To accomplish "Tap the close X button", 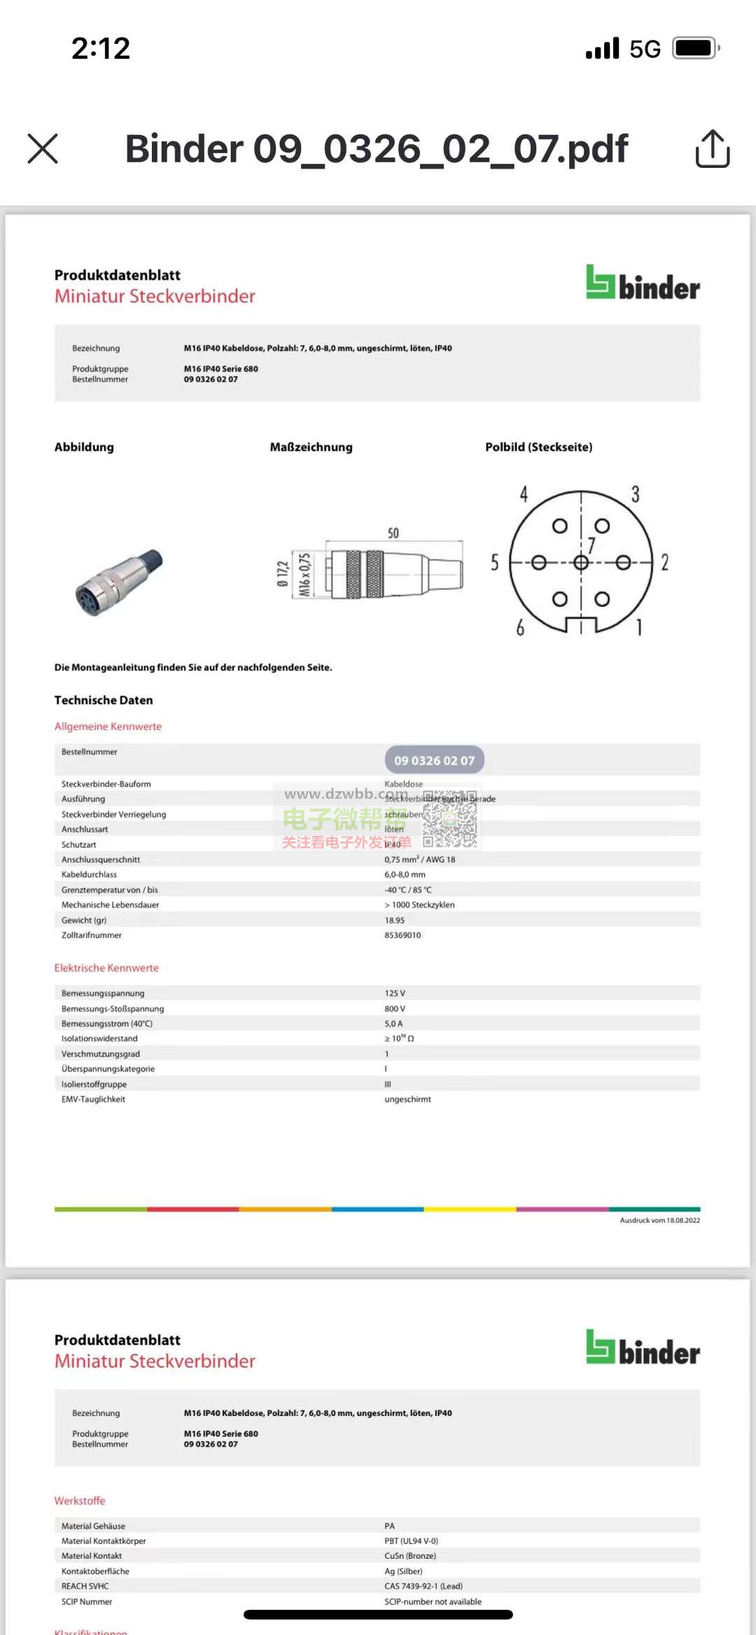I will click(43, 148).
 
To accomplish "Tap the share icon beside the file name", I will click(713, 148).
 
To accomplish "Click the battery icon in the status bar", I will click(696, 48).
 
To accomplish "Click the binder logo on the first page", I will click(643, 283).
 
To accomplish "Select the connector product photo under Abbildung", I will click(119, 582).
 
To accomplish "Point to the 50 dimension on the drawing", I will click(393, 533).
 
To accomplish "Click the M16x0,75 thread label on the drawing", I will click(304, 574).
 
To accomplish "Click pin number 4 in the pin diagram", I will click(524, 495).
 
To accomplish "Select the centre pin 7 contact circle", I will click(581, 562).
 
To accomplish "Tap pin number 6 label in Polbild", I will click(520, 628).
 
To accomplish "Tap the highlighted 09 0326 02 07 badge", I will click(434, 760).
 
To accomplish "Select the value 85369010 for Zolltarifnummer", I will click(402, 935).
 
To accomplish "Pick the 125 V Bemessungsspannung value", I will click(395, 993).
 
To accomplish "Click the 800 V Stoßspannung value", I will click(395, 1009).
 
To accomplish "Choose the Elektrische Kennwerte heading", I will click(106, 968).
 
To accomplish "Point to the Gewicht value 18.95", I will click(395, 921).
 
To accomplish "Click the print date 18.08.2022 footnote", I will click(659, 1220).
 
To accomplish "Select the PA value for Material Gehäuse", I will click(390, 1526).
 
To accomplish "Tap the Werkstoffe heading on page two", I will click(80, 1501).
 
